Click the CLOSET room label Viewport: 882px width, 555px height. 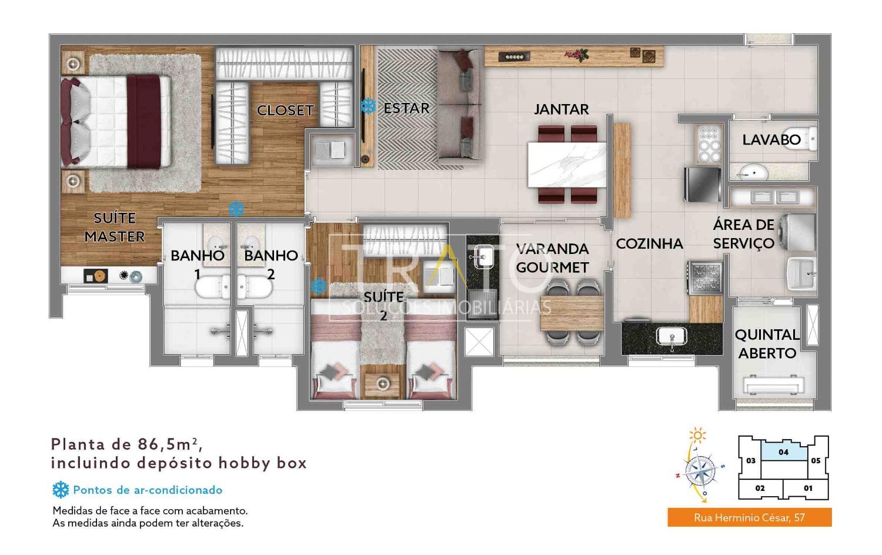coord(285,111)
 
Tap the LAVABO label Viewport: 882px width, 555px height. coord(771,140)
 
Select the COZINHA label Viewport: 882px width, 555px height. coord(649,243)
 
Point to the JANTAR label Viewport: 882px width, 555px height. coord(561,109)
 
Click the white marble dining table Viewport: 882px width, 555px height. coord(567,165)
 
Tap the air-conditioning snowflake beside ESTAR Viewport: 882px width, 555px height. coord(368,106)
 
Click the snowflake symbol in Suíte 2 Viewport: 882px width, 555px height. coord(319,286)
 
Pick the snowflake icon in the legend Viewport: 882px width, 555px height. coord(61,490)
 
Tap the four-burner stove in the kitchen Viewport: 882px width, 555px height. coord(705,277)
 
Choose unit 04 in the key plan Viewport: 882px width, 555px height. coord(784,452)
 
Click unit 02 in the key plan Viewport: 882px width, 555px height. coord(760,489)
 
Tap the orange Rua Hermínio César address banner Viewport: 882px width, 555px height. coord(750,517)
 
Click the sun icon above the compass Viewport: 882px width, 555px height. coord(698,435)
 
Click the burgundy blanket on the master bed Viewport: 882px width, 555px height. coord(143,122)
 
